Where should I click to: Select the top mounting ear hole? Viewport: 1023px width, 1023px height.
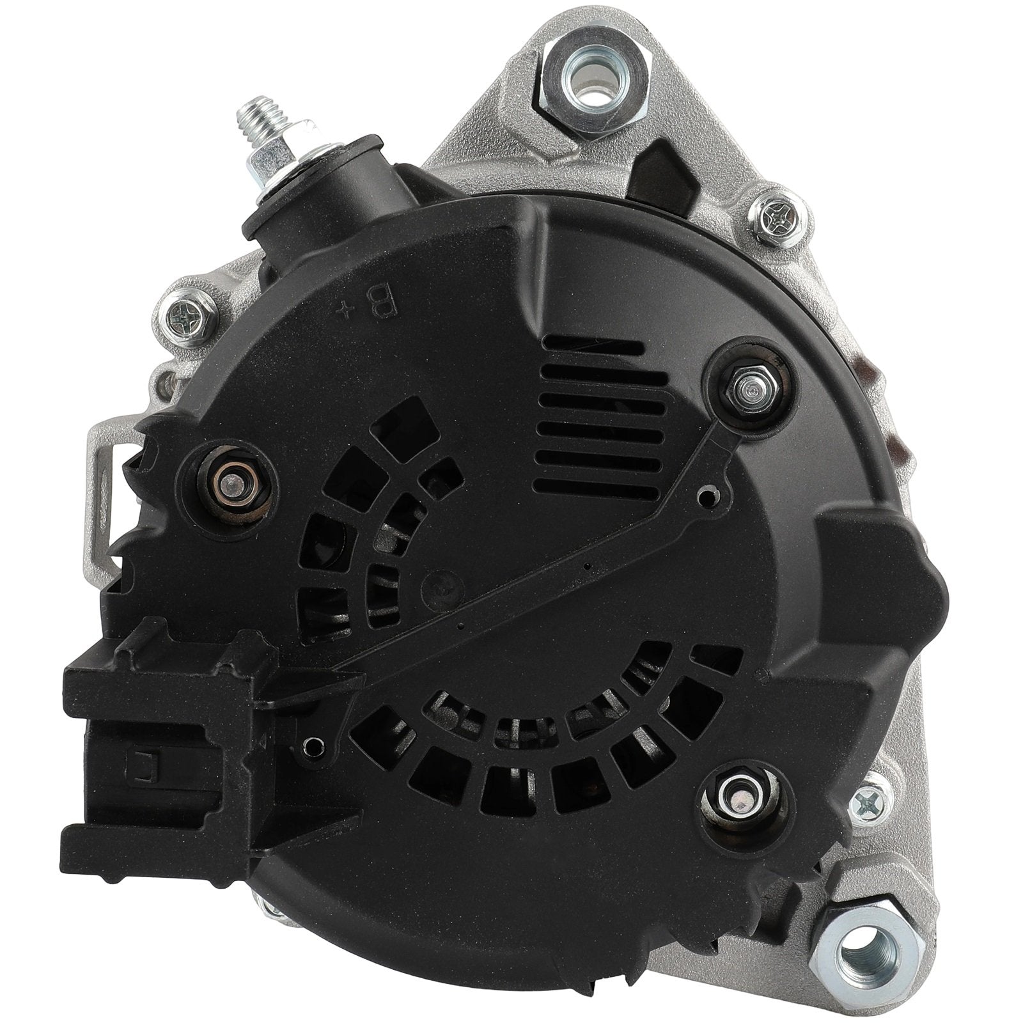(x=590, y=70)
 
